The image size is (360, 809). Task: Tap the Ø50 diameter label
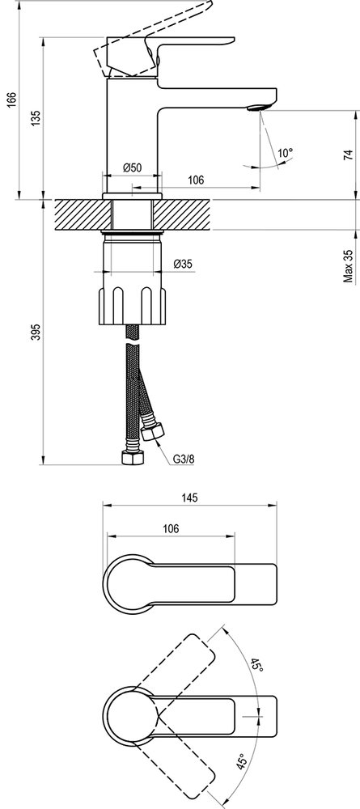(133, 167)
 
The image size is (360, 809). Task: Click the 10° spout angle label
(284, 152)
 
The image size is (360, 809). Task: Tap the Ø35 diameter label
(183, 264)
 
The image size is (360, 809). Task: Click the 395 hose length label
(32, 333)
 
